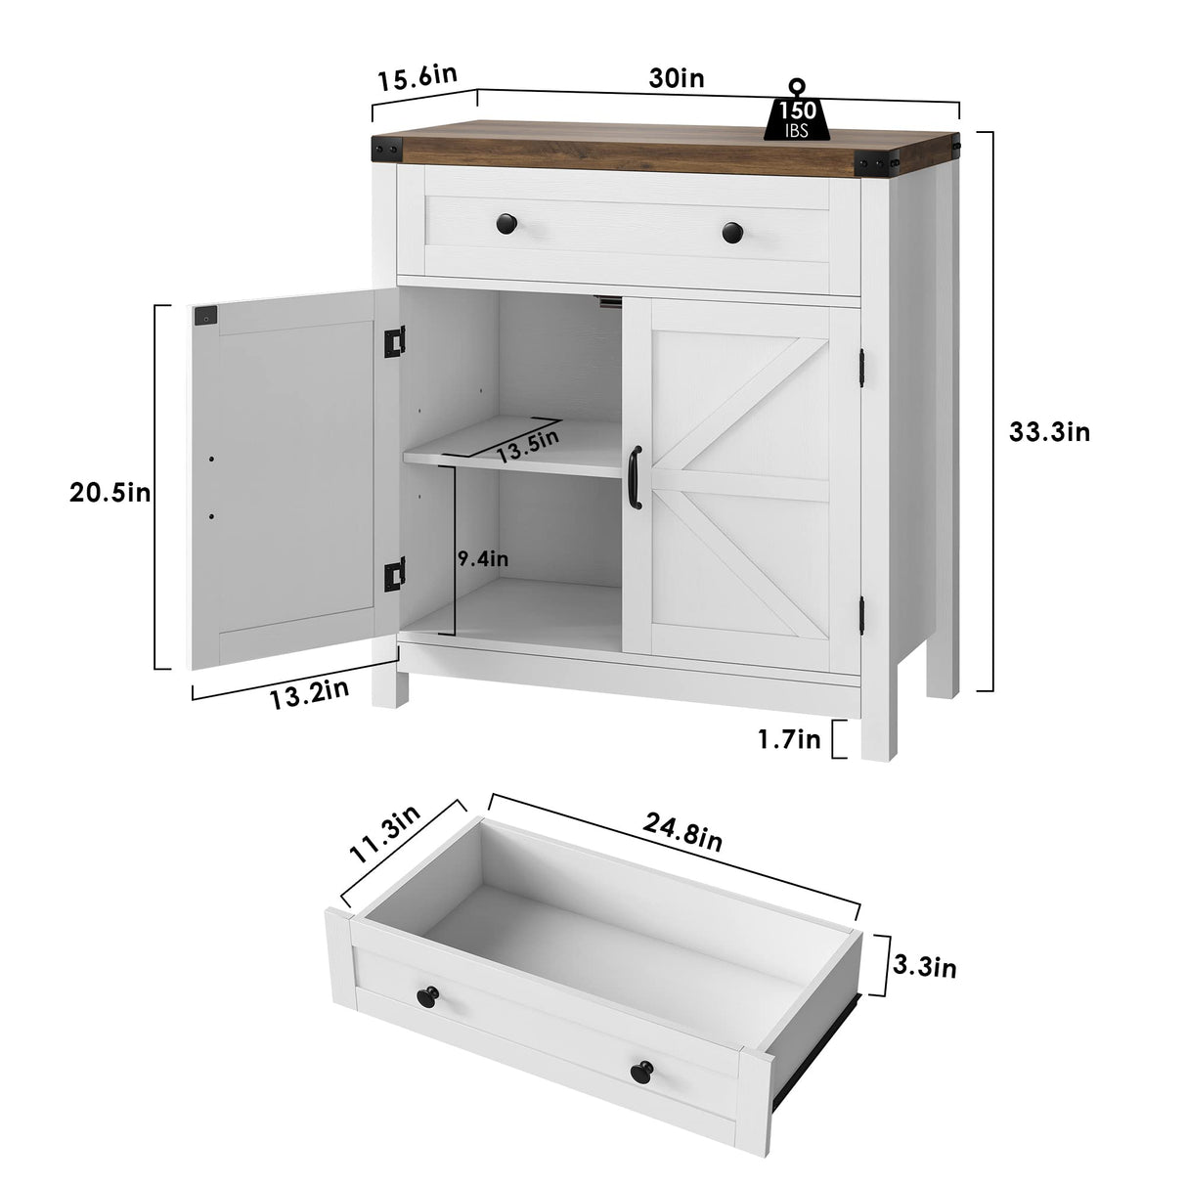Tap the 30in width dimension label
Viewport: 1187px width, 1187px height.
[677, 79]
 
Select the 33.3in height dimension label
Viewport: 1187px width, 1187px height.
[1049, 431]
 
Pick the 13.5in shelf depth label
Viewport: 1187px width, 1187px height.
[528, 446]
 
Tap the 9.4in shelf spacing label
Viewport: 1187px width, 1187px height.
[483, 559]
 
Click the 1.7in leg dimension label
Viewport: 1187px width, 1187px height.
[789, 740]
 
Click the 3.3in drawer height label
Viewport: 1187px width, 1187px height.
[925, 967]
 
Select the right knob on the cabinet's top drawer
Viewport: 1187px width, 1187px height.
[732, 234]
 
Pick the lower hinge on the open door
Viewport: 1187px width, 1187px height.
[394, 574]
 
